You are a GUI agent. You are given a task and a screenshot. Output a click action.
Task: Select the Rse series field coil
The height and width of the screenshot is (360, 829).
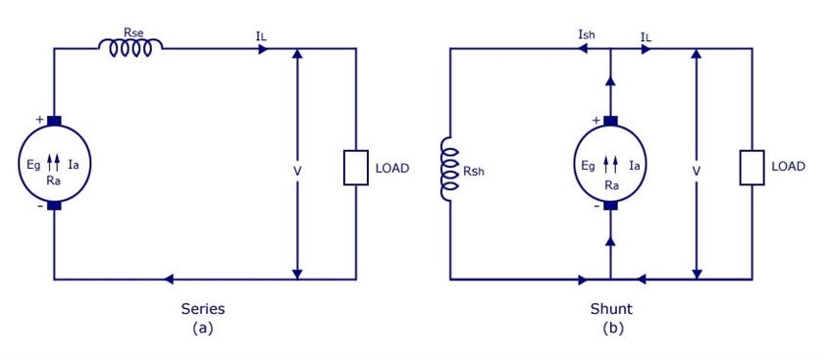pos(130,48)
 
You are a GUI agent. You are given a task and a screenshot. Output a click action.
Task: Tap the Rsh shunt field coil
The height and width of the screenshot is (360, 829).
pos(450,169)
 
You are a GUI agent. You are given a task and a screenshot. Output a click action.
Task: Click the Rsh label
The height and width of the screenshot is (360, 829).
pos(473,172)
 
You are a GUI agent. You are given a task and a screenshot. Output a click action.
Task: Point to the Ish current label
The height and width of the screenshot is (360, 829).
pos(588,35)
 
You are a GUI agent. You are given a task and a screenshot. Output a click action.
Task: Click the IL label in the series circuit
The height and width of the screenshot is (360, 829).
pos(261,36)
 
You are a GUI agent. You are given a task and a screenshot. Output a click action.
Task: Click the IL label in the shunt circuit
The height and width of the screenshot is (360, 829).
pos(646,36)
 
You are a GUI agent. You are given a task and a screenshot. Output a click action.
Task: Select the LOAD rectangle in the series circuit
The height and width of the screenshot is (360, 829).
pos(356,168)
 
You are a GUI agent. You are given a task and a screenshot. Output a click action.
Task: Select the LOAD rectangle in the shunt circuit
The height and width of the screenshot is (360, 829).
pos(751,168)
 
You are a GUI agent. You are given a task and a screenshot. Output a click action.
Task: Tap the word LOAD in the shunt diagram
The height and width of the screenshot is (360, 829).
pos(789,167)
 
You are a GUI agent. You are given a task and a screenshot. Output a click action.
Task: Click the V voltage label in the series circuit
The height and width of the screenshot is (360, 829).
pos(297,172)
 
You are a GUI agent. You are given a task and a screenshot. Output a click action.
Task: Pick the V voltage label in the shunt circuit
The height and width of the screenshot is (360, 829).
pos(697,172)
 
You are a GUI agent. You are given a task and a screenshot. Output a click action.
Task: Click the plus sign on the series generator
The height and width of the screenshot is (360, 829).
pos(39,120)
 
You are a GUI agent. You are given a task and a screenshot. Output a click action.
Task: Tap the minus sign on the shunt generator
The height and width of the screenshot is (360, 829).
pos(596,207)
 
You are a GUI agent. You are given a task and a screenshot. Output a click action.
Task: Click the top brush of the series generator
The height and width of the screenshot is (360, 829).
pos(54,121)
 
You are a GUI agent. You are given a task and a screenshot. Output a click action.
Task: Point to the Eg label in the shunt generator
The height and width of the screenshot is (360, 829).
pos(587,167)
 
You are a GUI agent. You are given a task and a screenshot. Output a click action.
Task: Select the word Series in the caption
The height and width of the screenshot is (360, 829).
pos(203,309)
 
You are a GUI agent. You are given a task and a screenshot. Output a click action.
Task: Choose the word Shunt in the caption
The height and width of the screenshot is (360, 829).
pos(612,309)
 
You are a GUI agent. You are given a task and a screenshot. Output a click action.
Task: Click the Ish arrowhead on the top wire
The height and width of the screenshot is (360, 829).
pos(584,49)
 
